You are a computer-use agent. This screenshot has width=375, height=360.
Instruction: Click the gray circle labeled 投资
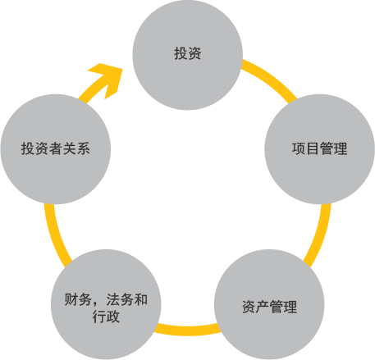187,55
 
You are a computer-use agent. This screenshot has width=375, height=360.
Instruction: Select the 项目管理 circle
319,149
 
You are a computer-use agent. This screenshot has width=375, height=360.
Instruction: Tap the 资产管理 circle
269,304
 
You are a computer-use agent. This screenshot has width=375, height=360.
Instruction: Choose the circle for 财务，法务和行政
106,304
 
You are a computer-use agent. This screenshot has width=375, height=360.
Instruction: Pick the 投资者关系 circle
56,149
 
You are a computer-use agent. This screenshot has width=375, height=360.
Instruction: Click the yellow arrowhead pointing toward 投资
107,79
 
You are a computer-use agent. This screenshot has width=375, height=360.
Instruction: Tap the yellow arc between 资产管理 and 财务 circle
188,330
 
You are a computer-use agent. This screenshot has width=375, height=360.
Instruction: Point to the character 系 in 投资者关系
83,148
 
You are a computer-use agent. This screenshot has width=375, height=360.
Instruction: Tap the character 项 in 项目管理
299,148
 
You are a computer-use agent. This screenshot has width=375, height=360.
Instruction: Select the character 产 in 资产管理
263,307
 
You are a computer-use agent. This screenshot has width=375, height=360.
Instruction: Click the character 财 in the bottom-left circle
71,299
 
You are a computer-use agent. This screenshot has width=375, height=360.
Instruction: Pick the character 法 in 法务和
113,299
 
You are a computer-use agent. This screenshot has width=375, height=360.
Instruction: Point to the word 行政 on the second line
106,317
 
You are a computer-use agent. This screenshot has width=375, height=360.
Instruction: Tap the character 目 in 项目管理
313,148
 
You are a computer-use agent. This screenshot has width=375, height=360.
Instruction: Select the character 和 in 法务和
140,299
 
